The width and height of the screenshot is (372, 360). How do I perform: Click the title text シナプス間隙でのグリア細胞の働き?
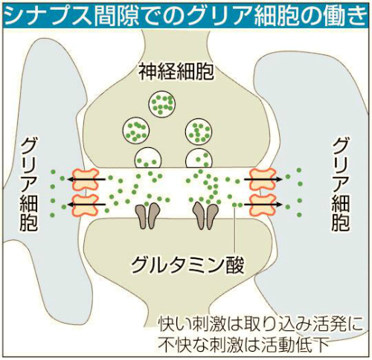click(185, 15)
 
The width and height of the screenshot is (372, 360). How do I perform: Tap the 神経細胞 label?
click(176, 71)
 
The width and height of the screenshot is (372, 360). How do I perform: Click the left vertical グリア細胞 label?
click(29, 184)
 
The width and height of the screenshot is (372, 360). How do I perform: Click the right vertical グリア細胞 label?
click(341, 184)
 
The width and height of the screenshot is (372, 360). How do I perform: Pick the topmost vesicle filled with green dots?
click(162, 103)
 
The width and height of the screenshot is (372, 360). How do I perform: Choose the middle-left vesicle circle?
click(136, 130)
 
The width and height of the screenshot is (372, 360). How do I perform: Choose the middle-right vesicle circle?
click(199, 130)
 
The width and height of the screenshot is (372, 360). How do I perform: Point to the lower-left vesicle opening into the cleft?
click(148, 158)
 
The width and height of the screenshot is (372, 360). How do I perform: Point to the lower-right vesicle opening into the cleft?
click(199, 158)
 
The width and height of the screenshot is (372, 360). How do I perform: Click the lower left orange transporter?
click(85, 205)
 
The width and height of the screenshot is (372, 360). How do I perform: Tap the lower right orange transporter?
click(263, 205)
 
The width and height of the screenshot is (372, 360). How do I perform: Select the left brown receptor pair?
click(148, 216)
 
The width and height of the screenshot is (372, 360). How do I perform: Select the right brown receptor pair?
click(206, 216)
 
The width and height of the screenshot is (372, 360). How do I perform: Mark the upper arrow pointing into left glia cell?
click(86, 179)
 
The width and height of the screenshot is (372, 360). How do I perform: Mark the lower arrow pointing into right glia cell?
click(263, 205)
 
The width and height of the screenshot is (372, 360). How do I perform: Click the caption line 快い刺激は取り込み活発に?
click(260, 324)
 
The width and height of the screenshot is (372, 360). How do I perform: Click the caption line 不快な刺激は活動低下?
click(244, 344)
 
